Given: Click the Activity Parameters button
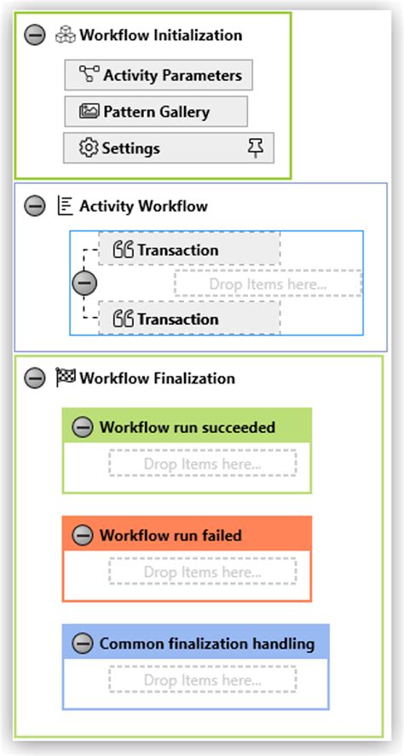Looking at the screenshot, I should tap(159, 75).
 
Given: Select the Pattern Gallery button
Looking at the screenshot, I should tap(156, 112).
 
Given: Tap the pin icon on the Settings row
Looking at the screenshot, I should tap(254, 148).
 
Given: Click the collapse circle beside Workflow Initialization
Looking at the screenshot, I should tap(35, 36).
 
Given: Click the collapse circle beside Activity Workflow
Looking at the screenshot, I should tap(35, 206).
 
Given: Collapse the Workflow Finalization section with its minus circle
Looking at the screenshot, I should tap(35, 378).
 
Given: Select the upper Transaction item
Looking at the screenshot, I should tap(189, 250).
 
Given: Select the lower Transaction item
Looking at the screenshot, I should tap(189, 319).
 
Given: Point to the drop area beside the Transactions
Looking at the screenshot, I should tap(268, 284).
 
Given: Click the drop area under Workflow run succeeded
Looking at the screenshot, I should tap(202, 465).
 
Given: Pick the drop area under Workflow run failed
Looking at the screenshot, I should tap(202, 572).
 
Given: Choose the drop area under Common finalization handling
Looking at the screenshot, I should tap(202, 680).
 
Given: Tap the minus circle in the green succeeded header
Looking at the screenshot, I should tap(83, 428).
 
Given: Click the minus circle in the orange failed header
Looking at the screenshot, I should tap(83, 536).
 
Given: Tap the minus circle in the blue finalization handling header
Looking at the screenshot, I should tap(83, 643).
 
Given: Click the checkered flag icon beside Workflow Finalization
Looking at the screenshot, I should tap(66, 378).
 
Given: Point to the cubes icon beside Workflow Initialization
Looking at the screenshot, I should tap(66, 36).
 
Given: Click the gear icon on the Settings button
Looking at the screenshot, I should tap(89, 148).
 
